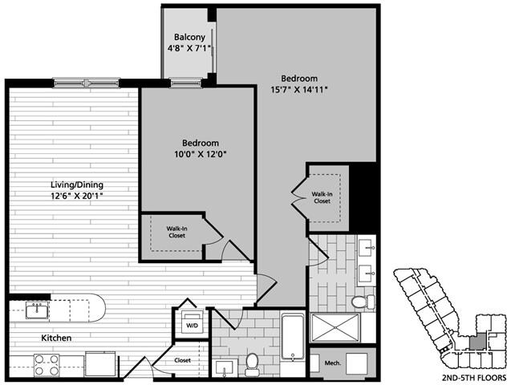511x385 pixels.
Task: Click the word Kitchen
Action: coord(56,338)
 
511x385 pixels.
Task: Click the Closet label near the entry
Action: coord(182,361)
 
